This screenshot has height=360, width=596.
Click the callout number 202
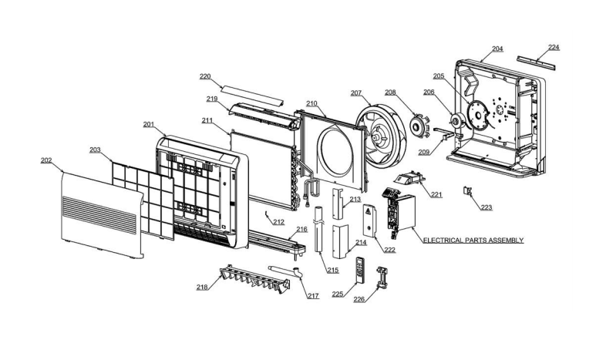point(46,160)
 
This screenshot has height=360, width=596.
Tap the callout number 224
point(554,47)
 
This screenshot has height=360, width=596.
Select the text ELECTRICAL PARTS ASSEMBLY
point(473,241)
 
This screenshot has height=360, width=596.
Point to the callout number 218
point(202,286)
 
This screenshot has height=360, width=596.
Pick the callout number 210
point(311,103)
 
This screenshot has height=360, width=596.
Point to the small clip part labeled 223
point(467,190)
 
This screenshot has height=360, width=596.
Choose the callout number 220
point(205,76)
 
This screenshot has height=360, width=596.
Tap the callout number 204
point(497,49)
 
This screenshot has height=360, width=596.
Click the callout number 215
point(332,270)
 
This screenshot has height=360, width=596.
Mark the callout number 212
point(278,222)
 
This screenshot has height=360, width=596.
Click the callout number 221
point(436,194)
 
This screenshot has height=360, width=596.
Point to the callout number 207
point(356,93)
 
